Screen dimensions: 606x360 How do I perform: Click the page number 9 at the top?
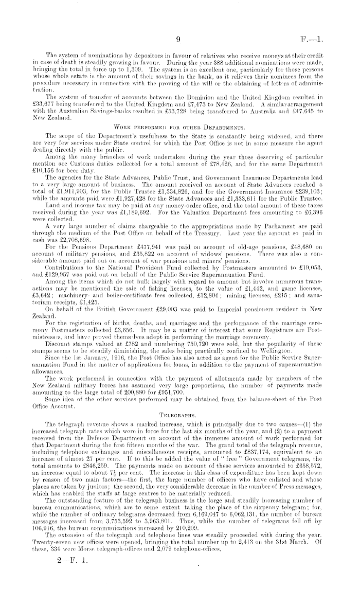point(177,38)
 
